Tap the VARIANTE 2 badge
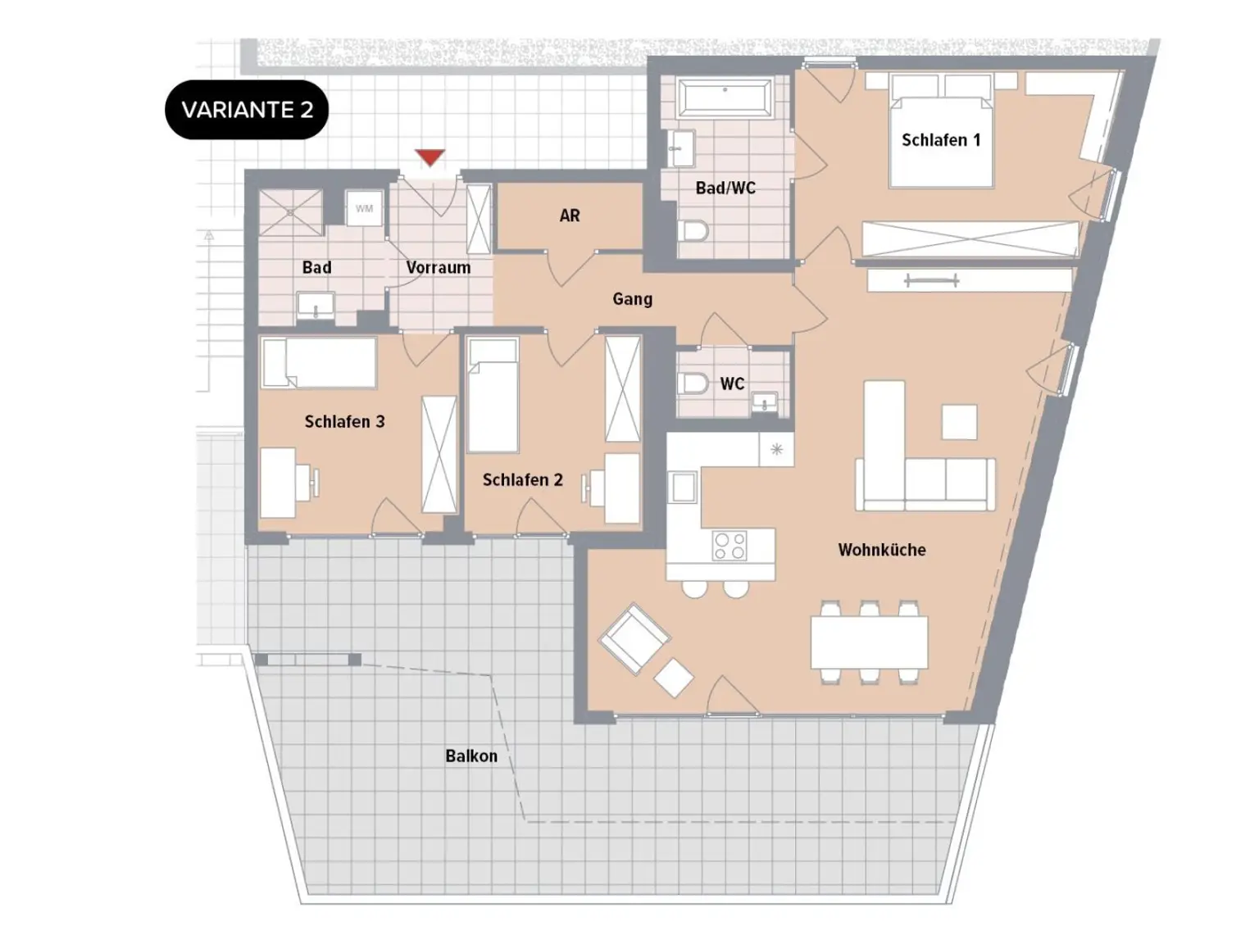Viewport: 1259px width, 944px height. [247, 110]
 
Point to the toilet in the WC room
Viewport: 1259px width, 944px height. [693, 383]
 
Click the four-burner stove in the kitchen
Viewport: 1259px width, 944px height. [729, 545]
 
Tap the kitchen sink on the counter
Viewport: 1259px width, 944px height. [684, 488]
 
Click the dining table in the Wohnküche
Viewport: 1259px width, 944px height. [869, 642]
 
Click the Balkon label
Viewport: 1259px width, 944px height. [471, 756]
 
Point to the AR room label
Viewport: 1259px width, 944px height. [570, 216]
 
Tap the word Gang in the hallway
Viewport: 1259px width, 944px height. [632, 298]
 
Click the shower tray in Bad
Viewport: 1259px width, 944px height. [291, 212]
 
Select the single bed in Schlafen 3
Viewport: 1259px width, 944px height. [319, 363]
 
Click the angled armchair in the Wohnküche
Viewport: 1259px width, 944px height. [634, 638]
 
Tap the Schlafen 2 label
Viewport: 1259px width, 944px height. [522, 479]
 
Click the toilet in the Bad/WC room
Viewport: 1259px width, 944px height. [693, 231]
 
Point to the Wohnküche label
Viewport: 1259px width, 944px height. [882, 550]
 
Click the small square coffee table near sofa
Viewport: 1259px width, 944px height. [960, 422]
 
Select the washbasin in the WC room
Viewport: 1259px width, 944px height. [764, 402]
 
